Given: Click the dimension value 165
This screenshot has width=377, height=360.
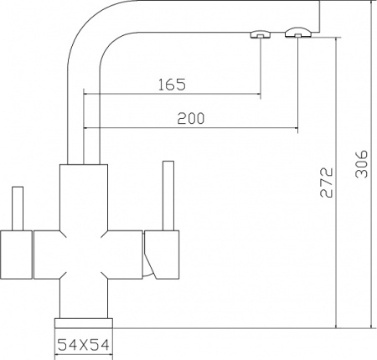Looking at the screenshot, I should [x=170, y=85].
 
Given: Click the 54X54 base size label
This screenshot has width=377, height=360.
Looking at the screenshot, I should [x=83, y=343].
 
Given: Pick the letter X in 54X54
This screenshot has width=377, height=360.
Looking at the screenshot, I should [x=83, y=343].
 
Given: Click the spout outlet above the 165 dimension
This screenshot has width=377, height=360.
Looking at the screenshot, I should [x=261, y=34].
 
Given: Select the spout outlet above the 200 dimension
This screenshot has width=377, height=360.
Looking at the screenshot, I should [x=297, y=33].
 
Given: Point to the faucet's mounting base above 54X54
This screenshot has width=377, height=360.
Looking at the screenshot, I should [x=83, y=325].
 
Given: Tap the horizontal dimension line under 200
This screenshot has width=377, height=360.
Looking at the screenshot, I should [x=191, y=128].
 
